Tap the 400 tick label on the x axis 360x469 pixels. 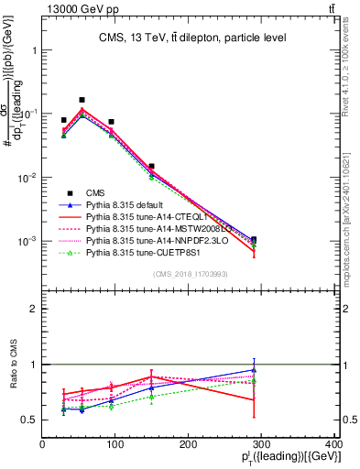click(333, 444)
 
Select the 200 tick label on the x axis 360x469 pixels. click(188, 444)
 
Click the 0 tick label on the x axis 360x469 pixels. click(42, 444)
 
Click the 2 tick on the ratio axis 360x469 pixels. click(34, 310)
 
